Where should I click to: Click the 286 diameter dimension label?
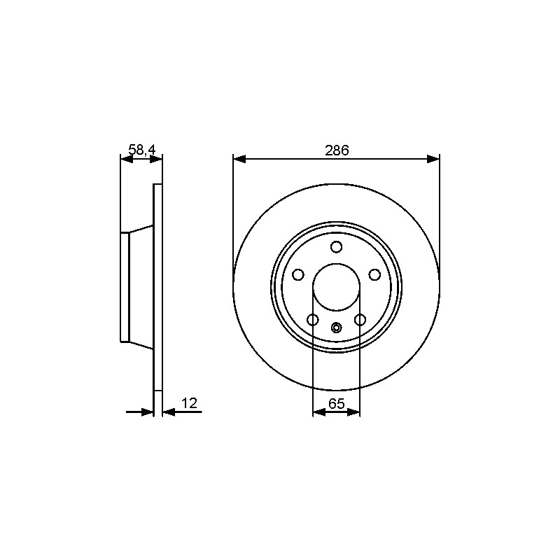coord(337,150)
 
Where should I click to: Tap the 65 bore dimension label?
coord(337,404)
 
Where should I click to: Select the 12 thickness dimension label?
coord(189,403)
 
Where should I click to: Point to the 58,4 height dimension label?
coord(142,150)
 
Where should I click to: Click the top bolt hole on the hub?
coord(337,247)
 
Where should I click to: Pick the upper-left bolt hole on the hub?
coord(298,274)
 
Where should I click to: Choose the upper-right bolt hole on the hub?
coord(374,274)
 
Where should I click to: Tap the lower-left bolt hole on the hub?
coord(313,320)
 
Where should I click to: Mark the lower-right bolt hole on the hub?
coord(360,320)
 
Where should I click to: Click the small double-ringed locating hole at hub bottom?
coord(337,327)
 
